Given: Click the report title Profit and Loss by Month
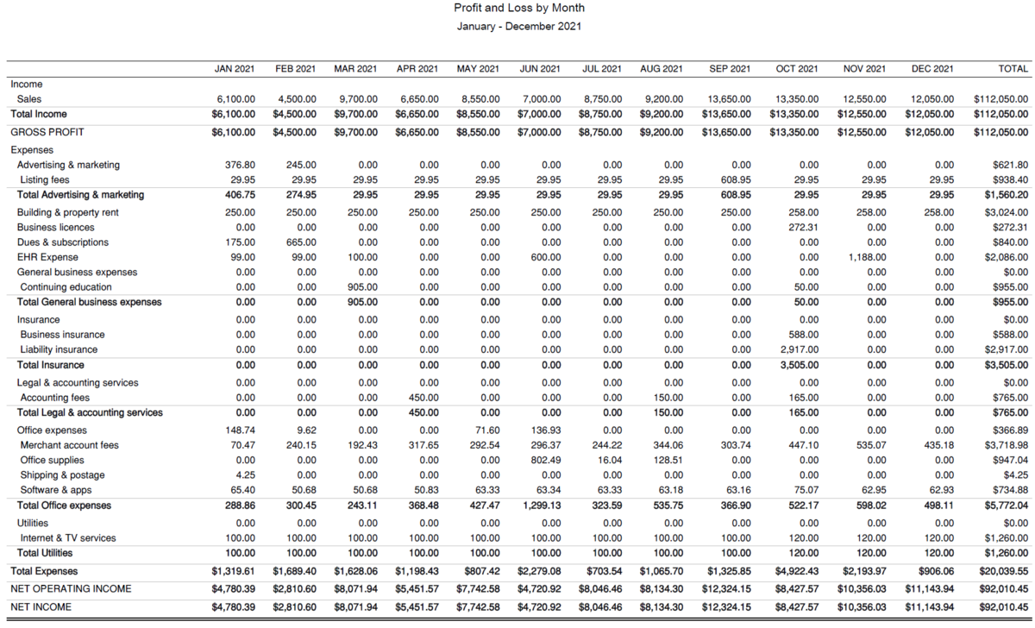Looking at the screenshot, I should point(518,8).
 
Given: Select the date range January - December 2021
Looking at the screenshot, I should point(518,26).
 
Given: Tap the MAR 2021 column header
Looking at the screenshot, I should point(355,69).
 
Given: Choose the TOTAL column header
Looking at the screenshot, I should point(1013,69).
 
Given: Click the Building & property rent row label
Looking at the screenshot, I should point(67,212).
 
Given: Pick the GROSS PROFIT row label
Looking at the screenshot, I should point(48,132).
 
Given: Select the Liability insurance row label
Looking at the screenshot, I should point(59,349).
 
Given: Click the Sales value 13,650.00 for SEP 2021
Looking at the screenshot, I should point(730,99).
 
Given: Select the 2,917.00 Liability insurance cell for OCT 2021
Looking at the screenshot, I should point(799,349).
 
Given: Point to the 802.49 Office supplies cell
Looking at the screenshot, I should point(546,461).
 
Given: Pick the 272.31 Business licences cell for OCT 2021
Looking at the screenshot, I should point(803,227).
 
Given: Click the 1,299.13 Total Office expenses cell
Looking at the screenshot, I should point(541,506).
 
